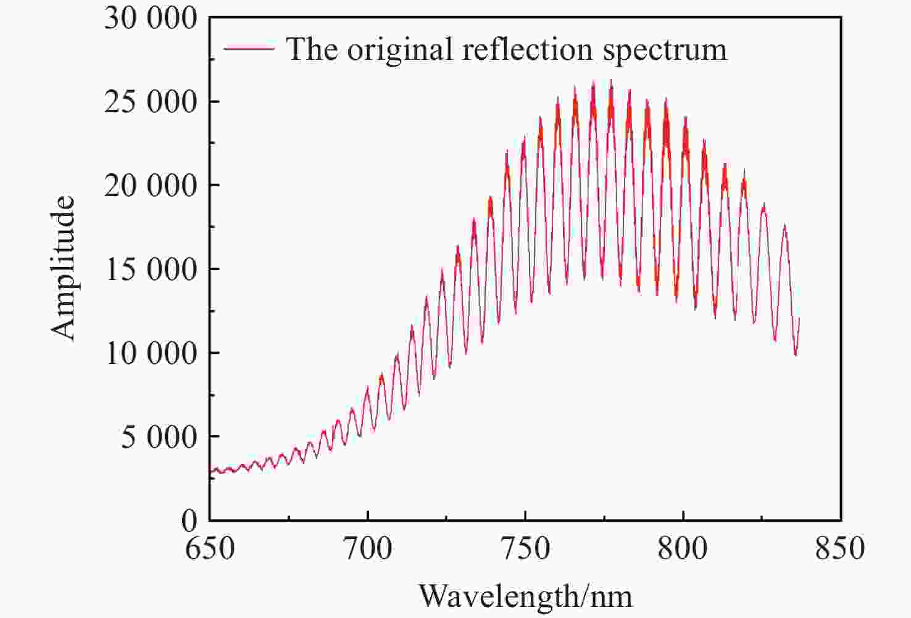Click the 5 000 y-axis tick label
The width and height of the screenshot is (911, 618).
[x=159, y=437]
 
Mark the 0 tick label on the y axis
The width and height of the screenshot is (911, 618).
[x=189, y=521]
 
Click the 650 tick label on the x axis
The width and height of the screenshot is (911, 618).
[x=210, y=548]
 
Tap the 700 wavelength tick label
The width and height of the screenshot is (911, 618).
[x=368, y=548]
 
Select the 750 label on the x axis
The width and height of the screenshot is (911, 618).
[x=525, y=548]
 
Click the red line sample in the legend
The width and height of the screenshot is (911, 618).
[x=249, y=48]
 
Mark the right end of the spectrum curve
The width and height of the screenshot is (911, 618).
[x=799, y=319]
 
